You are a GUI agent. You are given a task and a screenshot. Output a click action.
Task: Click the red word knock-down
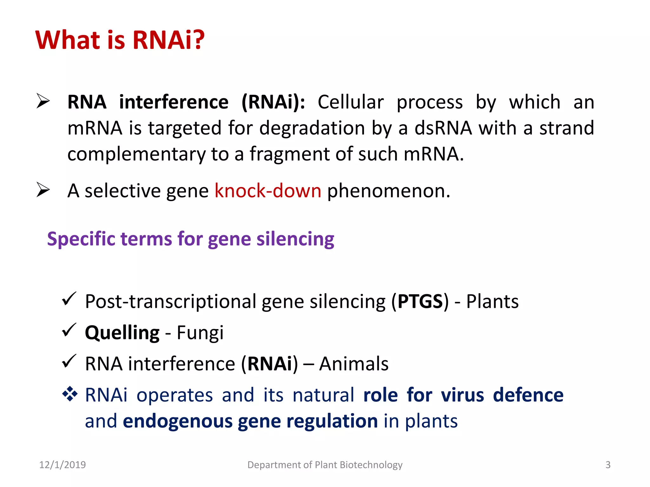(268, 191)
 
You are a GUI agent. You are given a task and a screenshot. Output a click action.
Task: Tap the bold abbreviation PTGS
(420, 301)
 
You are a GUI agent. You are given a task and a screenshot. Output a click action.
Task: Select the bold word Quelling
(122, 333)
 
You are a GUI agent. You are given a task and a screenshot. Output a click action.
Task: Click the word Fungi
(200, 333)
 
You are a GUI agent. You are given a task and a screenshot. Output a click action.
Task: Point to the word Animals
(354, 364)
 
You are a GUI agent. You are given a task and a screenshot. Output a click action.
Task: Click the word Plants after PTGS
(492, 301)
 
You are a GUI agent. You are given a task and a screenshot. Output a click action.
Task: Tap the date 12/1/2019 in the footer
(63, 465)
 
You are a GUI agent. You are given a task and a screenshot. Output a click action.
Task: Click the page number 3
(608, 465)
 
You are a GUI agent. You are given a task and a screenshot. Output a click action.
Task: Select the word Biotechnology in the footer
(371, 465)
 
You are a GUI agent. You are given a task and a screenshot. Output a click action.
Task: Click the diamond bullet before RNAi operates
(70, 394)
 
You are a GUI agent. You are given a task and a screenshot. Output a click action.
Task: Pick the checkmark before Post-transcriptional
(69, 299)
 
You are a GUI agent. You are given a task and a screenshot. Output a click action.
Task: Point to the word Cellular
(350, 102)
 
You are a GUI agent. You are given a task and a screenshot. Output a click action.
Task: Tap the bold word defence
(528, 395)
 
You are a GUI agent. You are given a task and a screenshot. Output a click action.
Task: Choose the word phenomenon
(388, 191)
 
